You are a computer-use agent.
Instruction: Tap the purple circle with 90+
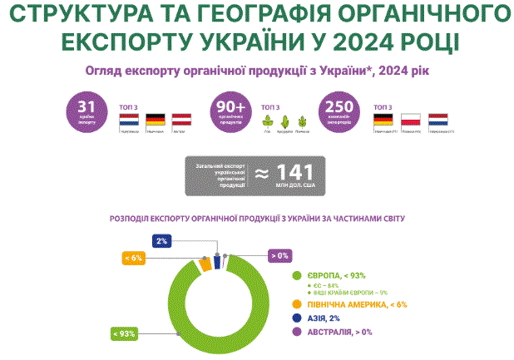tap(230, 111)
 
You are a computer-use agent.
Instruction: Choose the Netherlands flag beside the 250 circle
tap(438, 121)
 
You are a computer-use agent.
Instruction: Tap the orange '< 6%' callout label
tap(134, 258)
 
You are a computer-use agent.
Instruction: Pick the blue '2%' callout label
tap(161, 240)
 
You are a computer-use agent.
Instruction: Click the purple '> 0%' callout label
tap(279, 256)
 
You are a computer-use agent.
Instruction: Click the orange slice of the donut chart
tap(205, 265)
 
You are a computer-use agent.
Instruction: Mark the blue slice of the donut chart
tap(217, 262)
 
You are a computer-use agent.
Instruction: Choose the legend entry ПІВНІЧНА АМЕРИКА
tap(353, 305)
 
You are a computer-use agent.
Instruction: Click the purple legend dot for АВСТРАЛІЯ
tap(294, 333)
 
